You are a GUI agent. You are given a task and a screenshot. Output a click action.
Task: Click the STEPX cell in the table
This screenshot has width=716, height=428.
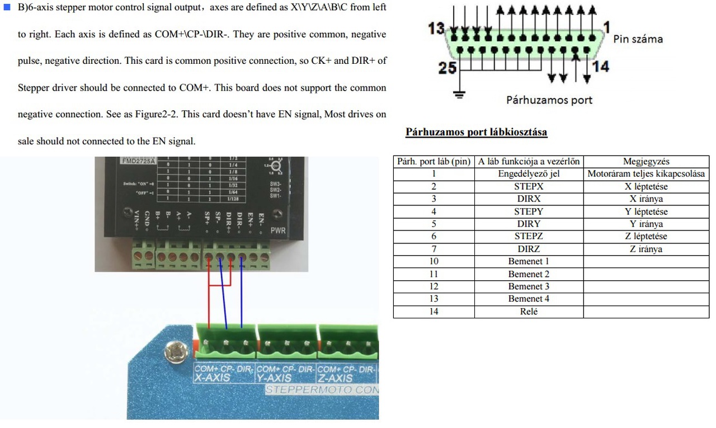(529, 186)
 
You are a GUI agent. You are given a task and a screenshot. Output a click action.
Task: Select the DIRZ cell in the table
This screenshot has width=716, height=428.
(529, 249)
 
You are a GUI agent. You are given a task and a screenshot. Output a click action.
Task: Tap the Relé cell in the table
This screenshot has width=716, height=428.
(529, 312)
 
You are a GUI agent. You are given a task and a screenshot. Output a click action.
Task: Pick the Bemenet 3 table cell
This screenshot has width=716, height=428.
(529, 286)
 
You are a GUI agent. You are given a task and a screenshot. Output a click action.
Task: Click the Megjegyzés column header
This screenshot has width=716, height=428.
(646, 162)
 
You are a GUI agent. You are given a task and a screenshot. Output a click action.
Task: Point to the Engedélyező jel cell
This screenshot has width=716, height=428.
(529, 174)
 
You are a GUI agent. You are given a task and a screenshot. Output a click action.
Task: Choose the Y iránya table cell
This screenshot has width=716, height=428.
(646, 224)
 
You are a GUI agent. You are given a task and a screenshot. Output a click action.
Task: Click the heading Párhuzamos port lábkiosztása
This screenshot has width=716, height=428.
(476, 133)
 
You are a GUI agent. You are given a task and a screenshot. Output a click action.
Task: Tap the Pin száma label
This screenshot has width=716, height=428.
(638, 39)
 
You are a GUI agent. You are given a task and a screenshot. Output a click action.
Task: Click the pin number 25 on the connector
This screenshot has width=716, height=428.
(448, 68)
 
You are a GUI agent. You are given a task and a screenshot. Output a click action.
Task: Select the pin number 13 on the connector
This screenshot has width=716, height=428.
(436, 28)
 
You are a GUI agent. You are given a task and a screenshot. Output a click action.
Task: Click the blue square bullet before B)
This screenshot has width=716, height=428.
(7, 7)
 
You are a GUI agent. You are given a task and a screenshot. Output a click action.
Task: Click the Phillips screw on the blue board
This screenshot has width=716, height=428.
(176, 352)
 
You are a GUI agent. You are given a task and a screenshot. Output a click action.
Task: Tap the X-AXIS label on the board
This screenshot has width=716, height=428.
(212, 378)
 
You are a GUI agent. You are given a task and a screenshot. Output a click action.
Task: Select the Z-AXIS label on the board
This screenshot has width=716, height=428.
(336, 378)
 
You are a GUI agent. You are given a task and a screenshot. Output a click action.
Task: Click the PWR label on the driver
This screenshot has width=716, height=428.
(278, 230)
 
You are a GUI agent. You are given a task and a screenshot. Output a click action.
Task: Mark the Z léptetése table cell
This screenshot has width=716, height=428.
(646, 236)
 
